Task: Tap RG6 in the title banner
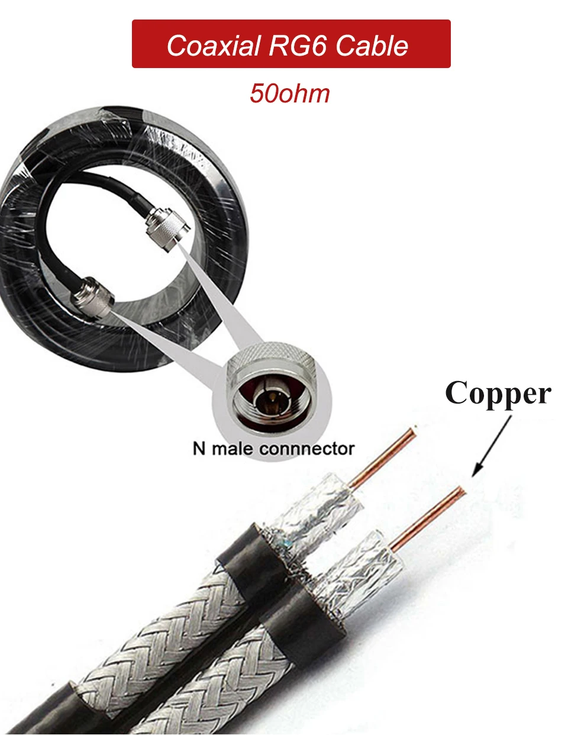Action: coord(298,46)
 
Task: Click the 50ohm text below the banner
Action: coord(289,94)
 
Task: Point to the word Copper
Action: coord(498,394)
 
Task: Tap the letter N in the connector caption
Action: coord(199,449)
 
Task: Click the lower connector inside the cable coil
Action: coord(93,294)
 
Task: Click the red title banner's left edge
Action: coord(134,44)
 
